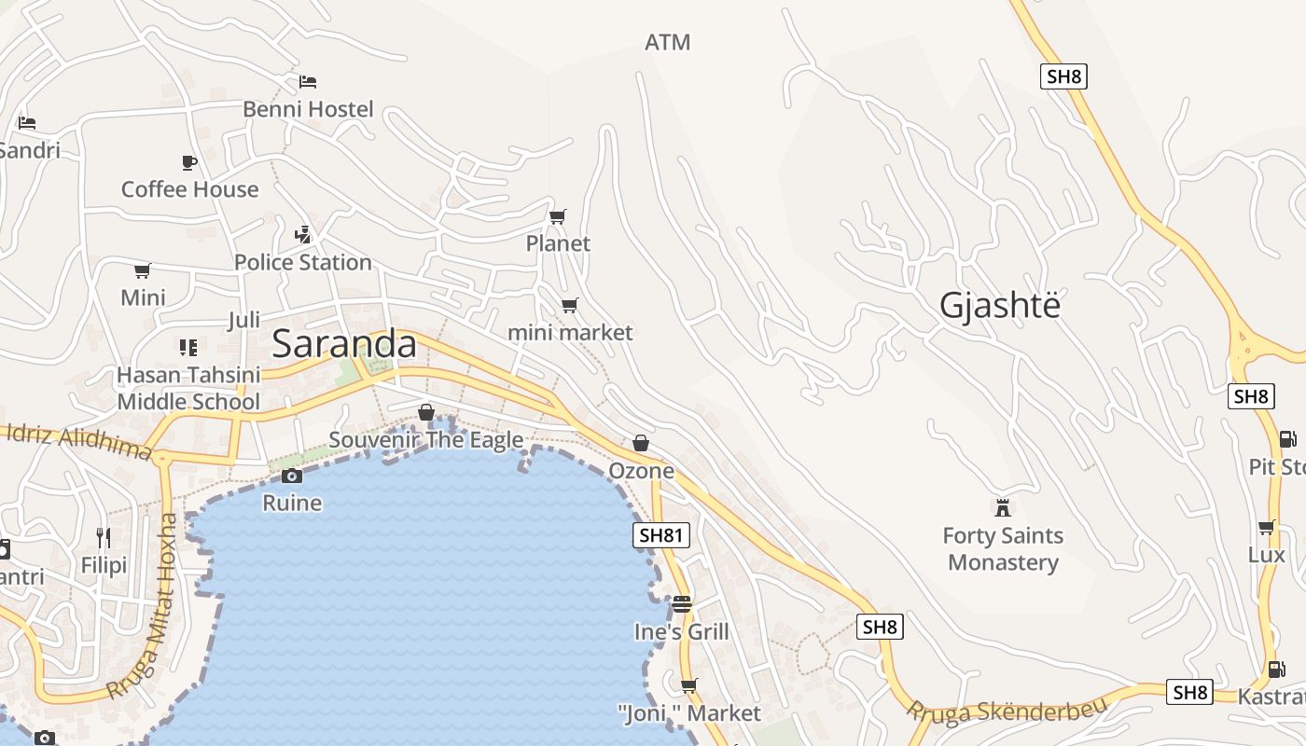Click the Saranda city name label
point(344,344)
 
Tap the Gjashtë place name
point(1000,306)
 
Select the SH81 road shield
point(660,535)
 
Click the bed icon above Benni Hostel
point(308,82)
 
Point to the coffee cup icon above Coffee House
point(189,162)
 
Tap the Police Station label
point(303,262)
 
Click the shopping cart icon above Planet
point(558,217)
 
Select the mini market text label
point(570,332)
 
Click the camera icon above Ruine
point(292,477)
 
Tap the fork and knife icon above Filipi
point(104,538)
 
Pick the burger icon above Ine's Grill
point(682,604)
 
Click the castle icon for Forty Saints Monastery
point(1003,508)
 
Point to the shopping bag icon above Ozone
point(641,443)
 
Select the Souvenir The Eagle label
point(426,439)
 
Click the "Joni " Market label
point(689,713)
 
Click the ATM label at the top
point(668,42)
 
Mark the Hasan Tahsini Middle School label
point(188,388)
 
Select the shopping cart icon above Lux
point(1267,528)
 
